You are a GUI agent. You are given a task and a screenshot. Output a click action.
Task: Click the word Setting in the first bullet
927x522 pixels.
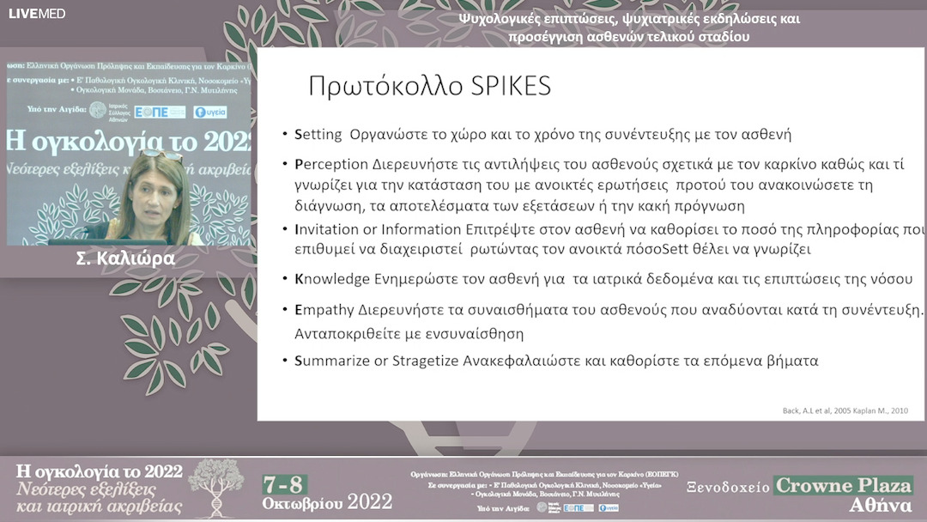[x=318, y=135]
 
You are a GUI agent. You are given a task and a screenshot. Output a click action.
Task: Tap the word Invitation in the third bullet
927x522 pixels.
[x=324, y=229]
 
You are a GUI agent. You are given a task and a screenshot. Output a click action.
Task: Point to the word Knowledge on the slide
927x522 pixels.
[x=330, y=279]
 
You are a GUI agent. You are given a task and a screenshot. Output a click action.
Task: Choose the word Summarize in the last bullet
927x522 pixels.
[x=331, y=361]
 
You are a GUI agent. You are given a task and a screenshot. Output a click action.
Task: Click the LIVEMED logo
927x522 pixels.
[x=37, y=13]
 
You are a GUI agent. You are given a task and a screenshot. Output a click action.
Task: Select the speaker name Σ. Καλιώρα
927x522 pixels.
[x=125, y=258]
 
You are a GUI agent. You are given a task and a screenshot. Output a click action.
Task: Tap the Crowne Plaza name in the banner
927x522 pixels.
[x=843, y=485]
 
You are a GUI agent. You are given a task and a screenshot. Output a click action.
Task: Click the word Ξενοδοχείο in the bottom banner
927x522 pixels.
[x=728, y=486]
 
